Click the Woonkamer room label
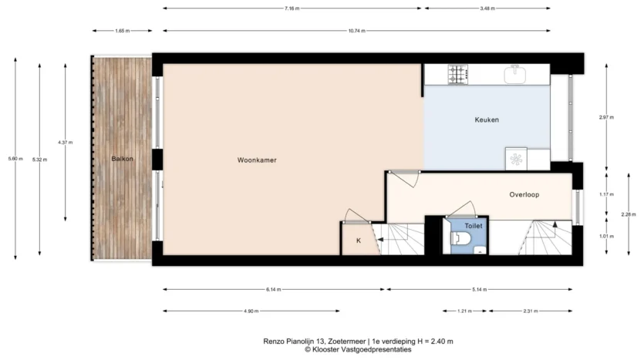click(x=257, y=160)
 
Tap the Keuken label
click(x=487, y=119)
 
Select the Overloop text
click(x=524, y=194)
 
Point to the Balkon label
click(x=122, y=159)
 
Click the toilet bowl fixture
click(x=459, y=238)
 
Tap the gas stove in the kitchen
click(x=457, y=75)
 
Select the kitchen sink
click(x=514, y=74)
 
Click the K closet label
click(x=359, y=241)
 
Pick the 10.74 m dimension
click(x=356, y=31)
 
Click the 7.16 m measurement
click(x=292, y=8)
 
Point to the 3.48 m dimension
click(x=487, y=8)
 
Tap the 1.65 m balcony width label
click(x=122, y=31)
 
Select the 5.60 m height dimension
click(x=15, y=159)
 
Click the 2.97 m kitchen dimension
click(x=606, y=117)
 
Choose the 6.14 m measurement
click(x=273, y=289)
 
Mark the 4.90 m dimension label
click(x=251, y=311)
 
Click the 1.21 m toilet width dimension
click(x=464, y=311)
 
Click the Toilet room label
click(x=474, y=226)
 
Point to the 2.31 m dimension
click(x=530, y=311)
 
